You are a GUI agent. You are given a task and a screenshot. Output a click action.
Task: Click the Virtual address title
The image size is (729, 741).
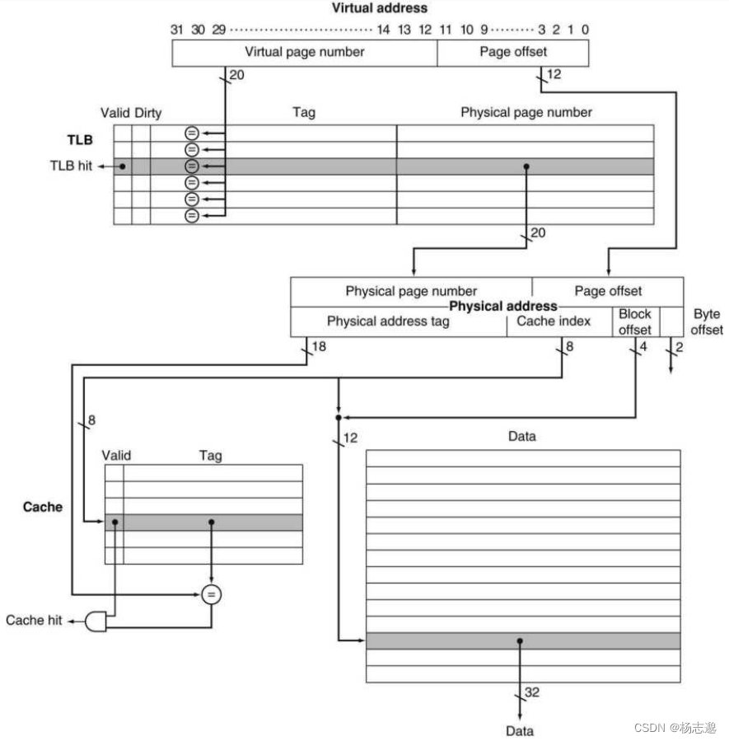pos(380,8)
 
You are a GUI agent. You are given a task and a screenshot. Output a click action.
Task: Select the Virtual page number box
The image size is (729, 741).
pos(304,52)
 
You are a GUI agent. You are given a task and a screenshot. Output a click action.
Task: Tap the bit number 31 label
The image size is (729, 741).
pos(176,30)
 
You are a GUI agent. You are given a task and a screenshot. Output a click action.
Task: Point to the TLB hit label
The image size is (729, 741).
pos(71,166)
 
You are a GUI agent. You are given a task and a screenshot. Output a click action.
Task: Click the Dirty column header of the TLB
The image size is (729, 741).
pos(148,112)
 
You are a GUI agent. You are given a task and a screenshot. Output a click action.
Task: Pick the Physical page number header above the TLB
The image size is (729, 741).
pos(526,112)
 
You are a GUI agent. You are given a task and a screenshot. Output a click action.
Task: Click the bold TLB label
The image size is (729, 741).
pos(80,140)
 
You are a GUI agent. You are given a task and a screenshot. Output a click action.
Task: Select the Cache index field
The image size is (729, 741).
pos(554,321)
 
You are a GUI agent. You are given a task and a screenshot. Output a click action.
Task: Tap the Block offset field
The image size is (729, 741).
pos(635,321)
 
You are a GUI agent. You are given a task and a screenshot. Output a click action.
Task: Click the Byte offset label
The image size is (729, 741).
pos(707,321)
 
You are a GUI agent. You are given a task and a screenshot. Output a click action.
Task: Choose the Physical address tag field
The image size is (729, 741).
pos(388,321)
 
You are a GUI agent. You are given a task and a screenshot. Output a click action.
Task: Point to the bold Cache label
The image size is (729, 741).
pos(42,506)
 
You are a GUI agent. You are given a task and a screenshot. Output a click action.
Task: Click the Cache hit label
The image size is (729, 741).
pos(35,620)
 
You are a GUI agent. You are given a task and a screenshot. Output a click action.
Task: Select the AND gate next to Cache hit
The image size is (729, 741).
pos(96,621)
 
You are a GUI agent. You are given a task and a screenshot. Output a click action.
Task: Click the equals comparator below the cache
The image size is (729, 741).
pos(212,593)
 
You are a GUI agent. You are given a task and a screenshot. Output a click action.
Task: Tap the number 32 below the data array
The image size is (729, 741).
pos(532,692)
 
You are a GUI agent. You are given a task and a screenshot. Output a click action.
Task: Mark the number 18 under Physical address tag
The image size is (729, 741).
pos(319,347)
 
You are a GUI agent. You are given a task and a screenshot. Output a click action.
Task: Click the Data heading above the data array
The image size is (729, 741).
pos(521,436)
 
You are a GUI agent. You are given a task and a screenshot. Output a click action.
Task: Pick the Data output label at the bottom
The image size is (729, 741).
pos(519,730)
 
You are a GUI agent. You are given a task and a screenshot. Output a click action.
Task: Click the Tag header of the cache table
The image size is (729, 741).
pos(211,455)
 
